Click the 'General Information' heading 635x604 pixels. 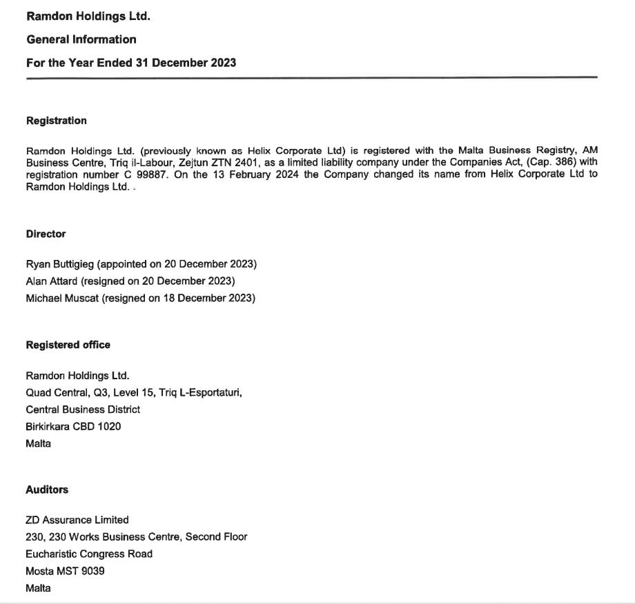pos(81,39)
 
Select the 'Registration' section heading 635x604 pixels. pos(57,121)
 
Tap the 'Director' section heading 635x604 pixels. pos(46,234)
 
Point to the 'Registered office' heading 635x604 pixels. pos(68,345)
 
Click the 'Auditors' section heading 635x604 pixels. pos(47,490)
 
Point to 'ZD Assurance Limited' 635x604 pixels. pos(77,520)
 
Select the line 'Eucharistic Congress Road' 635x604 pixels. pos(89,554)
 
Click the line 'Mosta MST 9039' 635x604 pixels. pos(65,571)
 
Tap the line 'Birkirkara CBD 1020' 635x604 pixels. pos(73,426)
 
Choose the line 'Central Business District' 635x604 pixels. pos(83,410)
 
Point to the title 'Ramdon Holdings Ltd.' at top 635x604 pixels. pos(88,16)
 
